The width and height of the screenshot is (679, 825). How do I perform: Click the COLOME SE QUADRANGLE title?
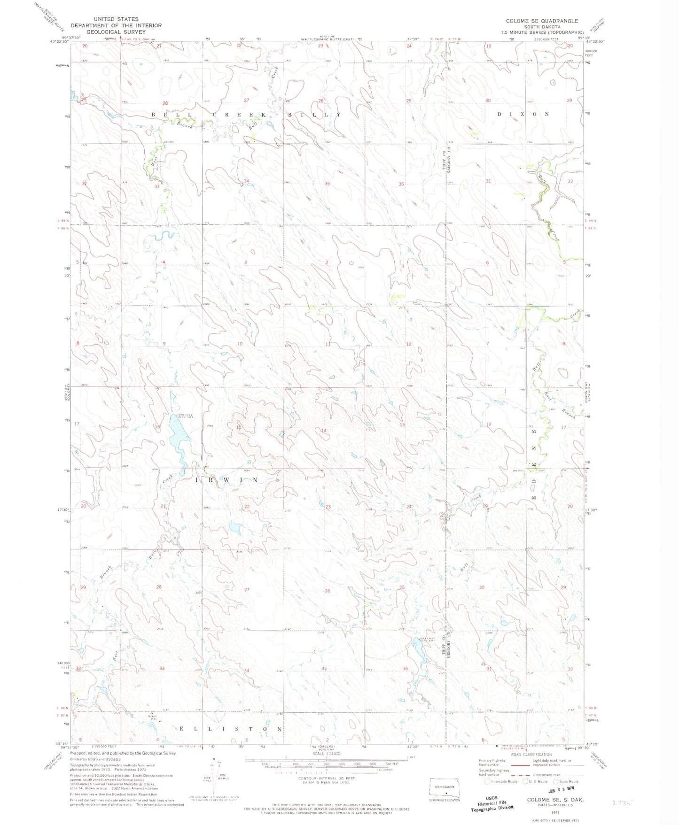542,21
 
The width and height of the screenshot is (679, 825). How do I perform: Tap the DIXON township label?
523,114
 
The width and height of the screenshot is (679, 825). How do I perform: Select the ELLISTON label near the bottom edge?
231,729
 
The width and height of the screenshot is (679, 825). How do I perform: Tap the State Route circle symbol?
555,781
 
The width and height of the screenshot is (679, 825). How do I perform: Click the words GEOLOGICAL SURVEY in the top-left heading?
116,32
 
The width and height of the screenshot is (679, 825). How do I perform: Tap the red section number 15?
239,427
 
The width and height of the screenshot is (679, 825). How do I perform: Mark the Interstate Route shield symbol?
487,781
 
